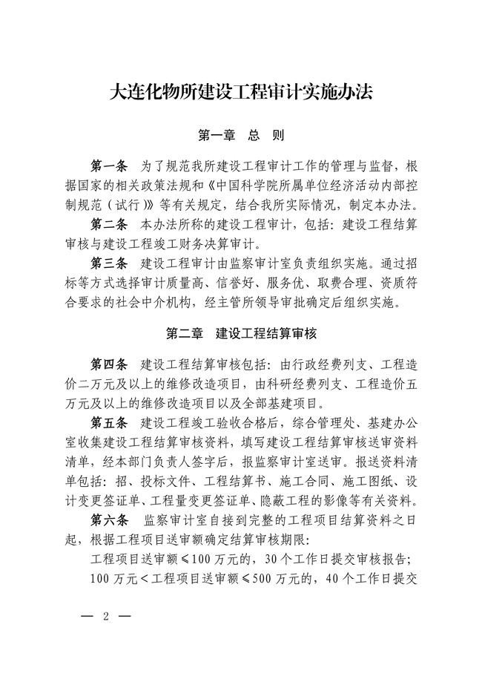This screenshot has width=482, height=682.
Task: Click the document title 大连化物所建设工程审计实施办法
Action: [240, 93]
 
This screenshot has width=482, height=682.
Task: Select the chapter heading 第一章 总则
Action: [240, 136]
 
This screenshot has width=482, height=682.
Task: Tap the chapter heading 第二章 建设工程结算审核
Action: [240, 333]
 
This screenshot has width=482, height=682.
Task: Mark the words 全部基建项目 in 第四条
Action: [285, 404]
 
